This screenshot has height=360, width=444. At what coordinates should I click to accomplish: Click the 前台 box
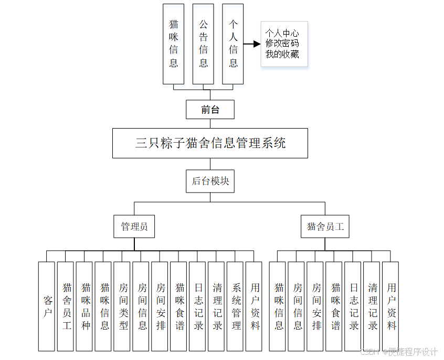coord(210,110)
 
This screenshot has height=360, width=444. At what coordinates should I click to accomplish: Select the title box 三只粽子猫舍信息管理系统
coord(210,143)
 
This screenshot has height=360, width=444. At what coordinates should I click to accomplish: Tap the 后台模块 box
coord(210,181)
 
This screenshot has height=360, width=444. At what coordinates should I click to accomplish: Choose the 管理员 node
coord(134,227)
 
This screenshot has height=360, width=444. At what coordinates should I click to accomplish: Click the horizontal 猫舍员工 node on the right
coord(325,227)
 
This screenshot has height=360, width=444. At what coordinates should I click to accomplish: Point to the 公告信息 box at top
coord(203,44)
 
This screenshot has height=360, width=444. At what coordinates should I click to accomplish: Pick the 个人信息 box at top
coord(233,44)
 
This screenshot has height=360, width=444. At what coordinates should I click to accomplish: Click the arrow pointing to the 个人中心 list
coord(253,44)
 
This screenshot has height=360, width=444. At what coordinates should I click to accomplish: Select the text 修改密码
coord(282,44)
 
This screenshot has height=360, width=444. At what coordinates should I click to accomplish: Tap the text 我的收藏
coord(282,54)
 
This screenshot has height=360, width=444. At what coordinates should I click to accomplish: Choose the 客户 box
coord(47,306)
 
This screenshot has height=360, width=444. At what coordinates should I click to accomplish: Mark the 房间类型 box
coord(122,306)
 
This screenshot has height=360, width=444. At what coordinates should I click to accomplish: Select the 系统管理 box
coord(235,306)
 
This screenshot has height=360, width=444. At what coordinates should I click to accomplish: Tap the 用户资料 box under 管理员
coord(254,306)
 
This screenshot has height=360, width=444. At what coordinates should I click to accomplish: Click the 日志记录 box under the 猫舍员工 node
coord(353,306)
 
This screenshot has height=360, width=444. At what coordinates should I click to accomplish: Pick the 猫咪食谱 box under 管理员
coord(179,306)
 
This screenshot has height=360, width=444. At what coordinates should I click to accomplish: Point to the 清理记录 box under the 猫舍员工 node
coord(372,306)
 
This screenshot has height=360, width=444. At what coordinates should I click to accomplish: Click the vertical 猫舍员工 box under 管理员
coord(66,306)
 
